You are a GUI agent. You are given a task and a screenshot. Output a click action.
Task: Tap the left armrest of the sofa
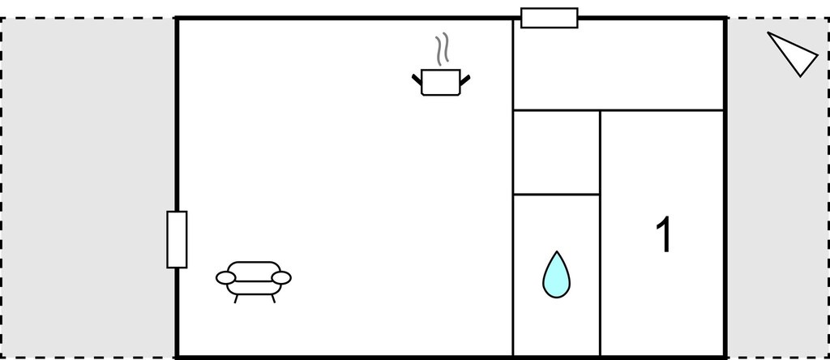tap(225, 278)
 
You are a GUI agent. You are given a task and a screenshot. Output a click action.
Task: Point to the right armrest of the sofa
tap(281, 278)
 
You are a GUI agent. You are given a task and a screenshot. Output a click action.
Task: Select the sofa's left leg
tap(236, 298)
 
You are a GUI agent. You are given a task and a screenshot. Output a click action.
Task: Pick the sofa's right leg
tap(273, 298)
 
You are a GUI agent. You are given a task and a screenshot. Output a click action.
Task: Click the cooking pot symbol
tap(441, 82)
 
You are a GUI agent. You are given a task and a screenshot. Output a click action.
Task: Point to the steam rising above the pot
tap(442, 49)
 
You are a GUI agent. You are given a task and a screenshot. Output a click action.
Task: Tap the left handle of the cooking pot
tap(417, 80)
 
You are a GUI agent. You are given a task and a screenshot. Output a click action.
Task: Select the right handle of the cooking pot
tap(465, 80)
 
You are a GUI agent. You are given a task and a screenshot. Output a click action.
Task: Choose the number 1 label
tap(664, 234)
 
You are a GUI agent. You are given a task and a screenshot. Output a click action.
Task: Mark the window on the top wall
tap(550, 18)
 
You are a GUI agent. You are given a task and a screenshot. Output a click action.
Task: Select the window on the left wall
tap(177, 239)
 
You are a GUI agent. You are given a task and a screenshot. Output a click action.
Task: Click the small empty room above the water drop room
tap(556, 152)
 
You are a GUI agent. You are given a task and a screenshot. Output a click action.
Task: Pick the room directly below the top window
tap(618, 65)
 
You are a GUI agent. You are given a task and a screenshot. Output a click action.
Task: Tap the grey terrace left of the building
tap(88, 188)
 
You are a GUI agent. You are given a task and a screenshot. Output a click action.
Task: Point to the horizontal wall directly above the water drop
tap(556, 195)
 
